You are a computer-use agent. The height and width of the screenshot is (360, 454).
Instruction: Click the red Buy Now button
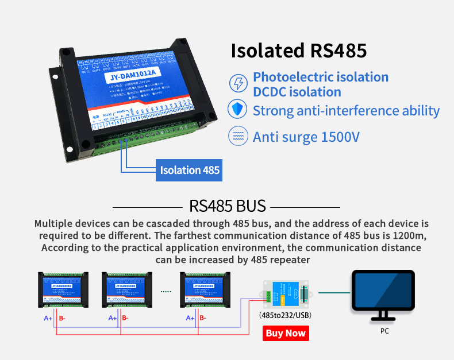tap(286, 333)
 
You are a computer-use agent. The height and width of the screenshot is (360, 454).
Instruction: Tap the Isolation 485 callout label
tap(189, 170)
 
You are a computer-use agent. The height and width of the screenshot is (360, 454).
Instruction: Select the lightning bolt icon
tap(237, 84)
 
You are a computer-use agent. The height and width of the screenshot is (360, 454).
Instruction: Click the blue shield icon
tap(237, 110)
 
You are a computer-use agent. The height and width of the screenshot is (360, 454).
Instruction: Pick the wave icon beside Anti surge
tap(237, 137)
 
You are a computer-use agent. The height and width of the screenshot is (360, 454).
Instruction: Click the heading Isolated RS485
tap(298, 51)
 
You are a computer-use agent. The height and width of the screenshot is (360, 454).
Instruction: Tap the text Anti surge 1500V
tap(306, 137)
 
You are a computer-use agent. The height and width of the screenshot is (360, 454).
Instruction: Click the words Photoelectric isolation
tap(321, 77)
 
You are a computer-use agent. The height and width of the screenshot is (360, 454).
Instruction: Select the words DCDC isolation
tap(297, 92)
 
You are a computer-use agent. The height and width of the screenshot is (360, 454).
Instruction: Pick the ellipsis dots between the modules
tap(166, 292)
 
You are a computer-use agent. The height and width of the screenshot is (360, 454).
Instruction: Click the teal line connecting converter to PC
tap(334, 292)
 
